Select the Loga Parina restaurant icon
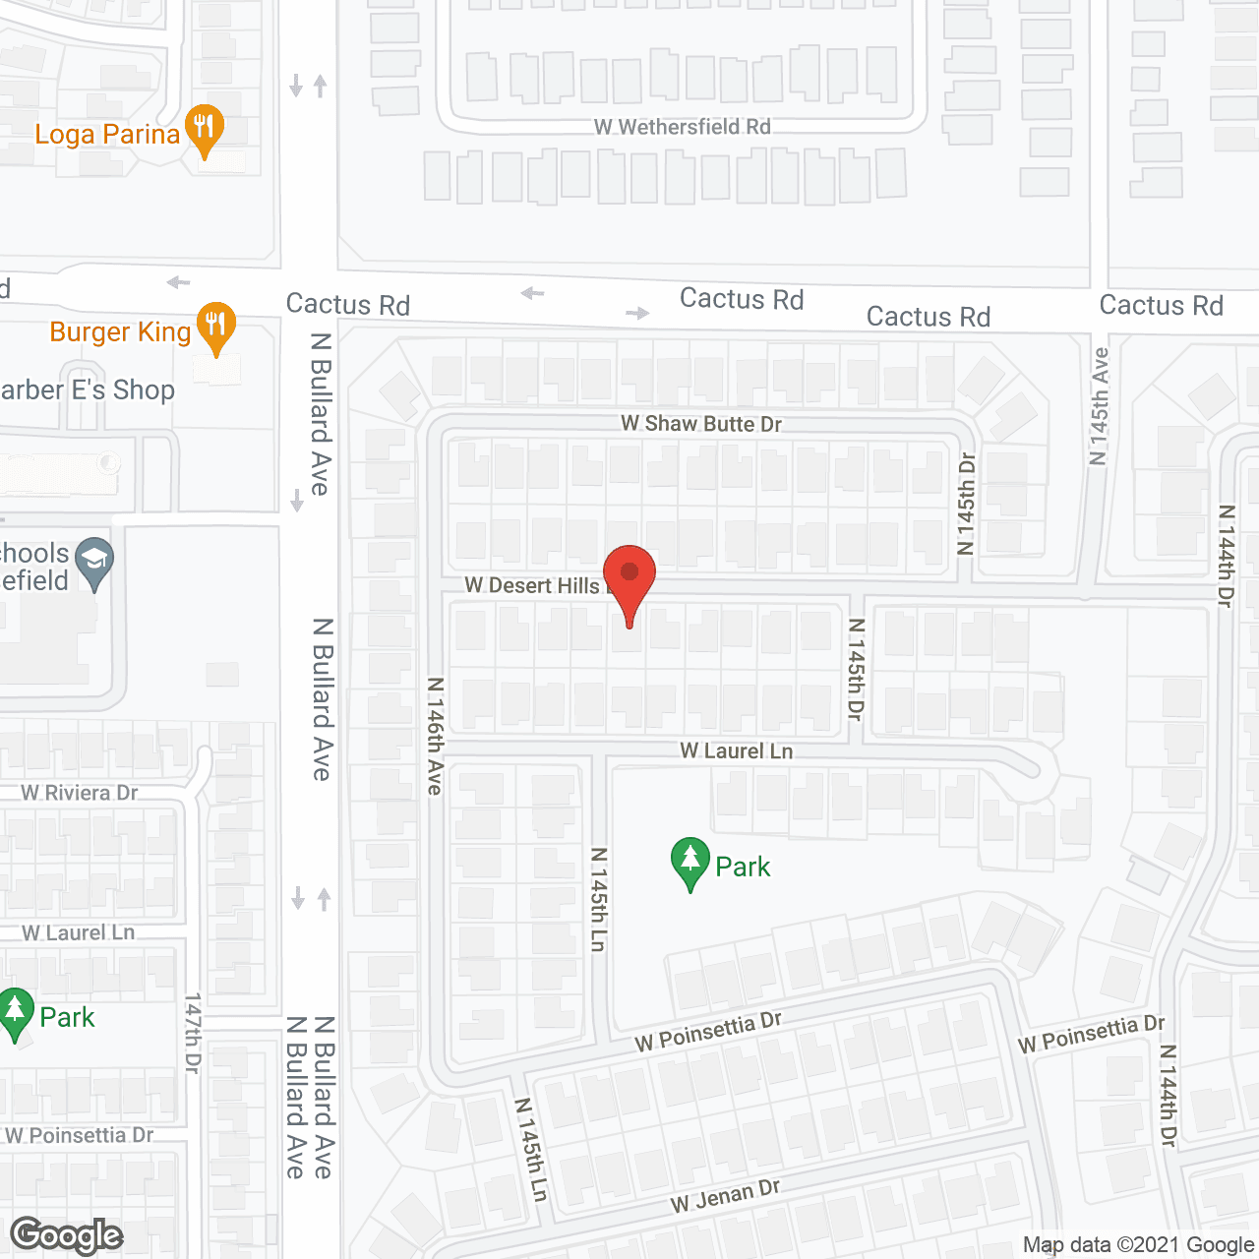pyautogui.click(x=204, y=129)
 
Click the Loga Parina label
pyautogui.click(x=107, y=135)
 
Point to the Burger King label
pyautogui.click(x=120, y=332)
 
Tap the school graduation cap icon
pyautogui.click(x=94, y=563)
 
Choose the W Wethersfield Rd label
pyautogui.click(x=682, y=127)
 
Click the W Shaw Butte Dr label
pyautogui.click(x=701, y=424)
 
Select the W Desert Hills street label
pyautogui.click(x=532, y=585)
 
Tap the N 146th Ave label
pyautogui.click(x=435, y=735)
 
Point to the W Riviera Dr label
pyautogui.click(x=80, y=793)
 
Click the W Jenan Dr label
pyautogui.click(x=725, y=1196)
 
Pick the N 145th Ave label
pyautogui.click(x=1100, y=405)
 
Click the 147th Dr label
pyautogui.click(x=193, y=1033)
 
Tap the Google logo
pyautogui.click(x=67, y=1236)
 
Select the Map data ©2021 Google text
pyautogui.click(x=1138, y=1245)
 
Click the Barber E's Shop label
pyautogui.click(x=88, y=390)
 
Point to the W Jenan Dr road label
pyautogui.click(x=725, y=1196)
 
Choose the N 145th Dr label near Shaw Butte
pyautogui.click(x=966, y=503)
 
